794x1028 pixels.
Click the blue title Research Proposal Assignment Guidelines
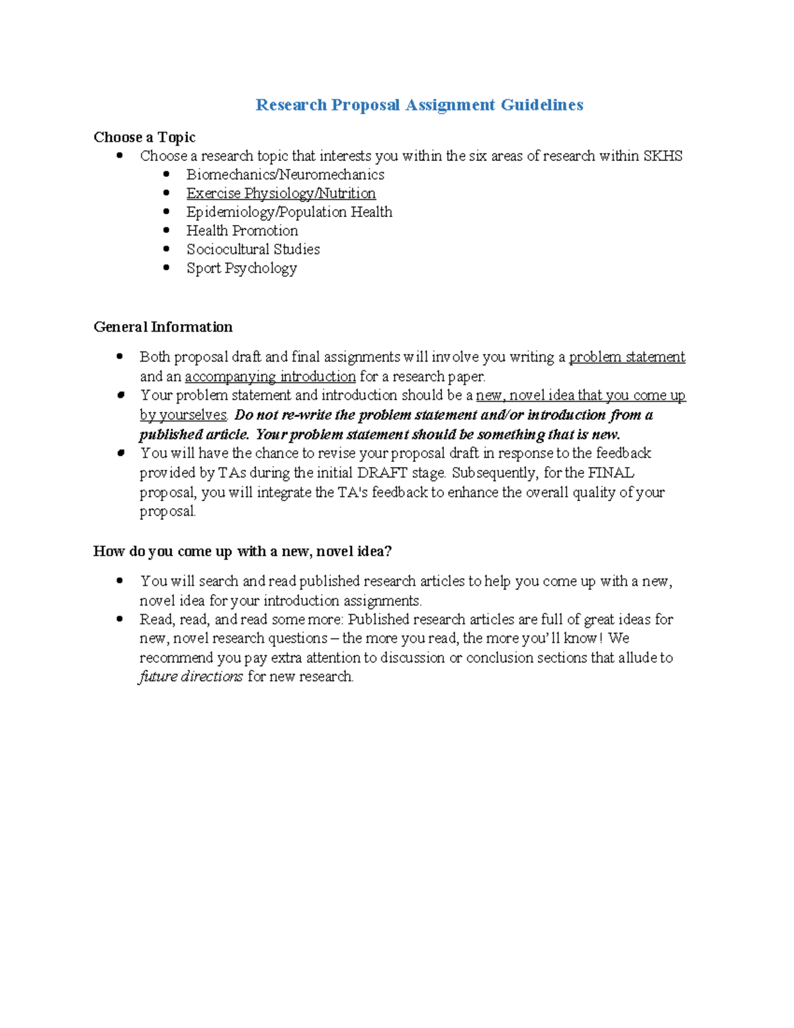[x=419, y=105]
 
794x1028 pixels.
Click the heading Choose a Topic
[x=144, y=137]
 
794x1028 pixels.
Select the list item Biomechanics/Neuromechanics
[x=285, y=175]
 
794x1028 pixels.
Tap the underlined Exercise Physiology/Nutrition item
[x=281, y=193]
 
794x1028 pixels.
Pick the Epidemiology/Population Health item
[x=288, y=212]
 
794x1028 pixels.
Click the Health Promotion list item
[x=242, y=230]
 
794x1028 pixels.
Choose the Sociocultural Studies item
[x=253, y=250]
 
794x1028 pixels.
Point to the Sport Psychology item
[x=241, y=268]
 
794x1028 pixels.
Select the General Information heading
[x=163, y=327]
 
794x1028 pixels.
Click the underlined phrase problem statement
[x=627, y=357]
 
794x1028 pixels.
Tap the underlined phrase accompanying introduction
[x=270, y=377]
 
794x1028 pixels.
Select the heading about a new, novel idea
[x=242, y=551]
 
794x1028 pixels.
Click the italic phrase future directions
[x=191, y=677]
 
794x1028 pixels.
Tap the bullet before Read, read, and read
[x=120, y=620]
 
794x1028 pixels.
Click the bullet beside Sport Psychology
[x=167, y=267]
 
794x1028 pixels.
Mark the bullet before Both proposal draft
[x=120, y=357]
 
